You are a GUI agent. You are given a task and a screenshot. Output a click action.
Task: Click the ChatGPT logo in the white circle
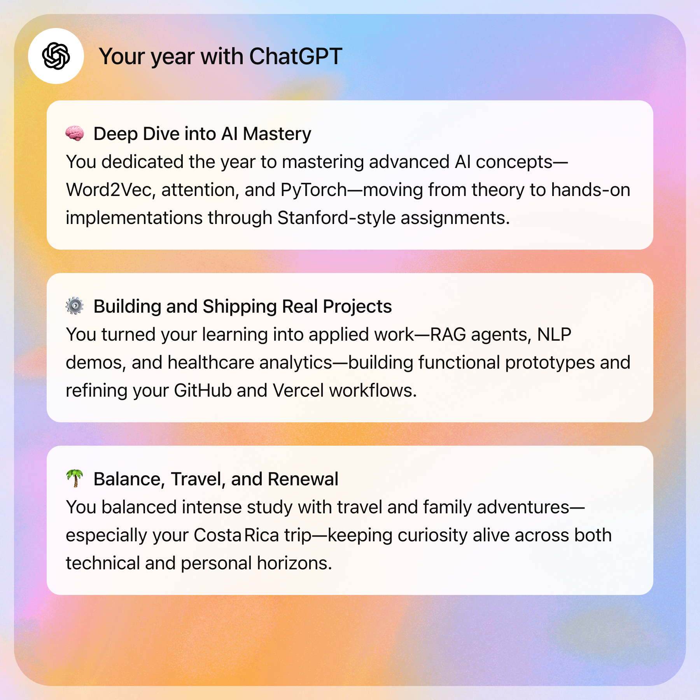coord(56,56)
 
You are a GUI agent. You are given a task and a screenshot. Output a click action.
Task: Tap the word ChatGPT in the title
coord(296,57)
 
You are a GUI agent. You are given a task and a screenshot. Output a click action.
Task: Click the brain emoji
coord(75,133)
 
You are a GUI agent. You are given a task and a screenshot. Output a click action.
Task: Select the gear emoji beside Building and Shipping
coord(75,306)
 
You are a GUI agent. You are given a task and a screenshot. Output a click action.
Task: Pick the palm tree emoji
coord(75,478)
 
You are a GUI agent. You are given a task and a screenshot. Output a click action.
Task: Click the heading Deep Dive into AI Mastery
coord(202,134)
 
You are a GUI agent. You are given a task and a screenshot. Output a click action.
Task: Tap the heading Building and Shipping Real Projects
coord(243,307)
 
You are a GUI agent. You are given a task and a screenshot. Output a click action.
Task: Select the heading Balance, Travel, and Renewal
coord(216,479)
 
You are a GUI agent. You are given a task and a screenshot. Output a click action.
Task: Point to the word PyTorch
coord(313,190)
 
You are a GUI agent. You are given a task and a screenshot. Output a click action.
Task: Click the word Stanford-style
coord(336,218)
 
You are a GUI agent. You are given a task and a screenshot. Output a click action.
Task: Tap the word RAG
coord(448,335)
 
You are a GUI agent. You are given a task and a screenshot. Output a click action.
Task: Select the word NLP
coord(554,335)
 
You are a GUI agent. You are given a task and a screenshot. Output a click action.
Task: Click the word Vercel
coord(298,391)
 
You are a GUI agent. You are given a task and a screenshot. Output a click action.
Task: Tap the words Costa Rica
coord(236,535)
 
